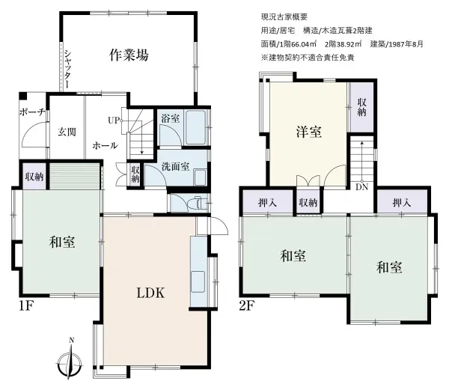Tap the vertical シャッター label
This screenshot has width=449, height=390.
tap(67, 69)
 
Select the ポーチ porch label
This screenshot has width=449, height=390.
tap(31, 113)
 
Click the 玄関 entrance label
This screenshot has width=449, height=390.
tap(67, 132)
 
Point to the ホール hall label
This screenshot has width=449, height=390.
tap(104, 147)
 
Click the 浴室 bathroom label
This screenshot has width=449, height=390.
tap(170, 118)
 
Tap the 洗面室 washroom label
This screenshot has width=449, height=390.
tap(174, 166)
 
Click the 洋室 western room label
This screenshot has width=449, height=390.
tap(308, 132)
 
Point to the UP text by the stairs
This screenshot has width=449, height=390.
tap(114, 120)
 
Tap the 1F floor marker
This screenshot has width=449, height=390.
tap(27, 305)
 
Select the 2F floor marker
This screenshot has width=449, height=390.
tap(248, 305)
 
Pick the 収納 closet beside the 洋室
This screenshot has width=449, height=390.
tap(361, 107)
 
